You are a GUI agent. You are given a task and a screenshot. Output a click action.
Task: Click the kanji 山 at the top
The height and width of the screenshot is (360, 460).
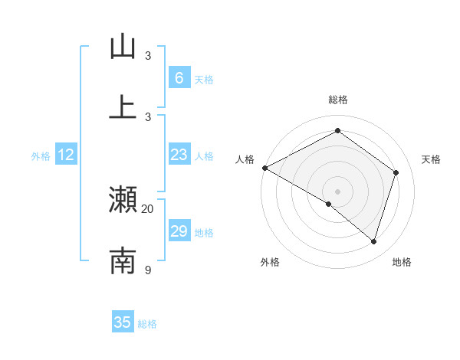point(123,46)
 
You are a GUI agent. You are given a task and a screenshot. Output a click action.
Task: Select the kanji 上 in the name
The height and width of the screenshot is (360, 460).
point(123,106)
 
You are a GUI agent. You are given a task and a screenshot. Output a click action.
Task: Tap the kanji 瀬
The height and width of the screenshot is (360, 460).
point(123,199)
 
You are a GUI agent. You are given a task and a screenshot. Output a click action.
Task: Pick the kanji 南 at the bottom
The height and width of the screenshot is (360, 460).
point(123,260)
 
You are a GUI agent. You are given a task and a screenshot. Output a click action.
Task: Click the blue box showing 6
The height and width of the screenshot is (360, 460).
point(179,77)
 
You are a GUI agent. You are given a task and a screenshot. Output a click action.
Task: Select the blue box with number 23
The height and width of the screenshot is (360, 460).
point(179,155)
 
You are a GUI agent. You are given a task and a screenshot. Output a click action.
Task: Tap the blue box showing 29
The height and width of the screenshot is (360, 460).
point(179,231)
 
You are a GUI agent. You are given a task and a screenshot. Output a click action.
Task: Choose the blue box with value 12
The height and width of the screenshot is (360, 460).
point(66,155)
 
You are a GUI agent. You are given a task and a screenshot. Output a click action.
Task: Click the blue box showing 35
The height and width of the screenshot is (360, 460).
point(123,322)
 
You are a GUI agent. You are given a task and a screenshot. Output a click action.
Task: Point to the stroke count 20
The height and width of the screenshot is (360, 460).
point(148,208)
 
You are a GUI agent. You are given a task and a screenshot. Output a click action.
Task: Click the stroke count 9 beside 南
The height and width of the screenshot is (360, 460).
point(148,270)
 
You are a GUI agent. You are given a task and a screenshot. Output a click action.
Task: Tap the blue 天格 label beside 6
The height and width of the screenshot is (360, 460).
point(204,79)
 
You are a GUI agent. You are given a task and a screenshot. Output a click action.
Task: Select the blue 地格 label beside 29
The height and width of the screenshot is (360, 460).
point(204,233)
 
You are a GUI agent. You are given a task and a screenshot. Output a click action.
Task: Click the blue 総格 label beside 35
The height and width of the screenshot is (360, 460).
point(147,323)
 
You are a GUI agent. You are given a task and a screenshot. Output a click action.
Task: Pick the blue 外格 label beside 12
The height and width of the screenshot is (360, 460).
point(41,156)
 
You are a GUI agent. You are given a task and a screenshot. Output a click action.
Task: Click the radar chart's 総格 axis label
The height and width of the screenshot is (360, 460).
point(337,100)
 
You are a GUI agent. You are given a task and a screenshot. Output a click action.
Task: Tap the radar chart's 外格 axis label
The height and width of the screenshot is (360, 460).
point(270,262)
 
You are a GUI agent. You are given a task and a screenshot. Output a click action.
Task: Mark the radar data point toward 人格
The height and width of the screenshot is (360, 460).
point(264,168)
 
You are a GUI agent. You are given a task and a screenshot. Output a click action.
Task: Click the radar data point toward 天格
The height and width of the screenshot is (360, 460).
point(396,172)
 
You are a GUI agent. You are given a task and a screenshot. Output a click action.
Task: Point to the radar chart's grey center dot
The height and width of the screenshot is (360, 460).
point(337,191)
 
